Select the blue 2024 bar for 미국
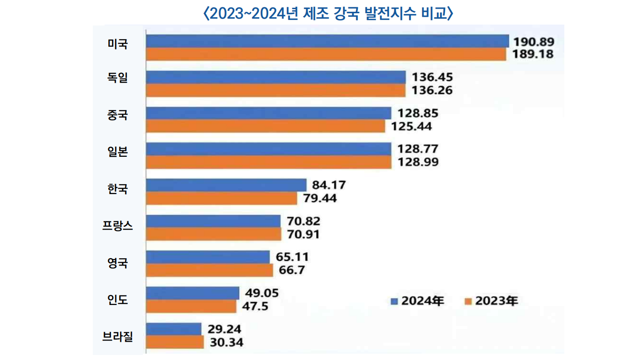[327, 41]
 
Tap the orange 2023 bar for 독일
[276, 90]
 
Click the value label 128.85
[418, 113]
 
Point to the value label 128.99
[418, 162]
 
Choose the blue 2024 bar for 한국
[226, 185]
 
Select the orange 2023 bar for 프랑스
[214, 235]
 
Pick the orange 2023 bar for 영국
[210, 270]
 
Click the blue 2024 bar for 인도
[193, 293]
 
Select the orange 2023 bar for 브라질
[175, 342]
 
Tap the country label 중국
[118, 115]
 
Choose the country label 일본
[118, 151]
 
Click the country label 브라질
[117, 336]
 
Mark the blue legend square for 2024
[394, 301]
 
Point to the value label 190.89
[533, 42]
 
